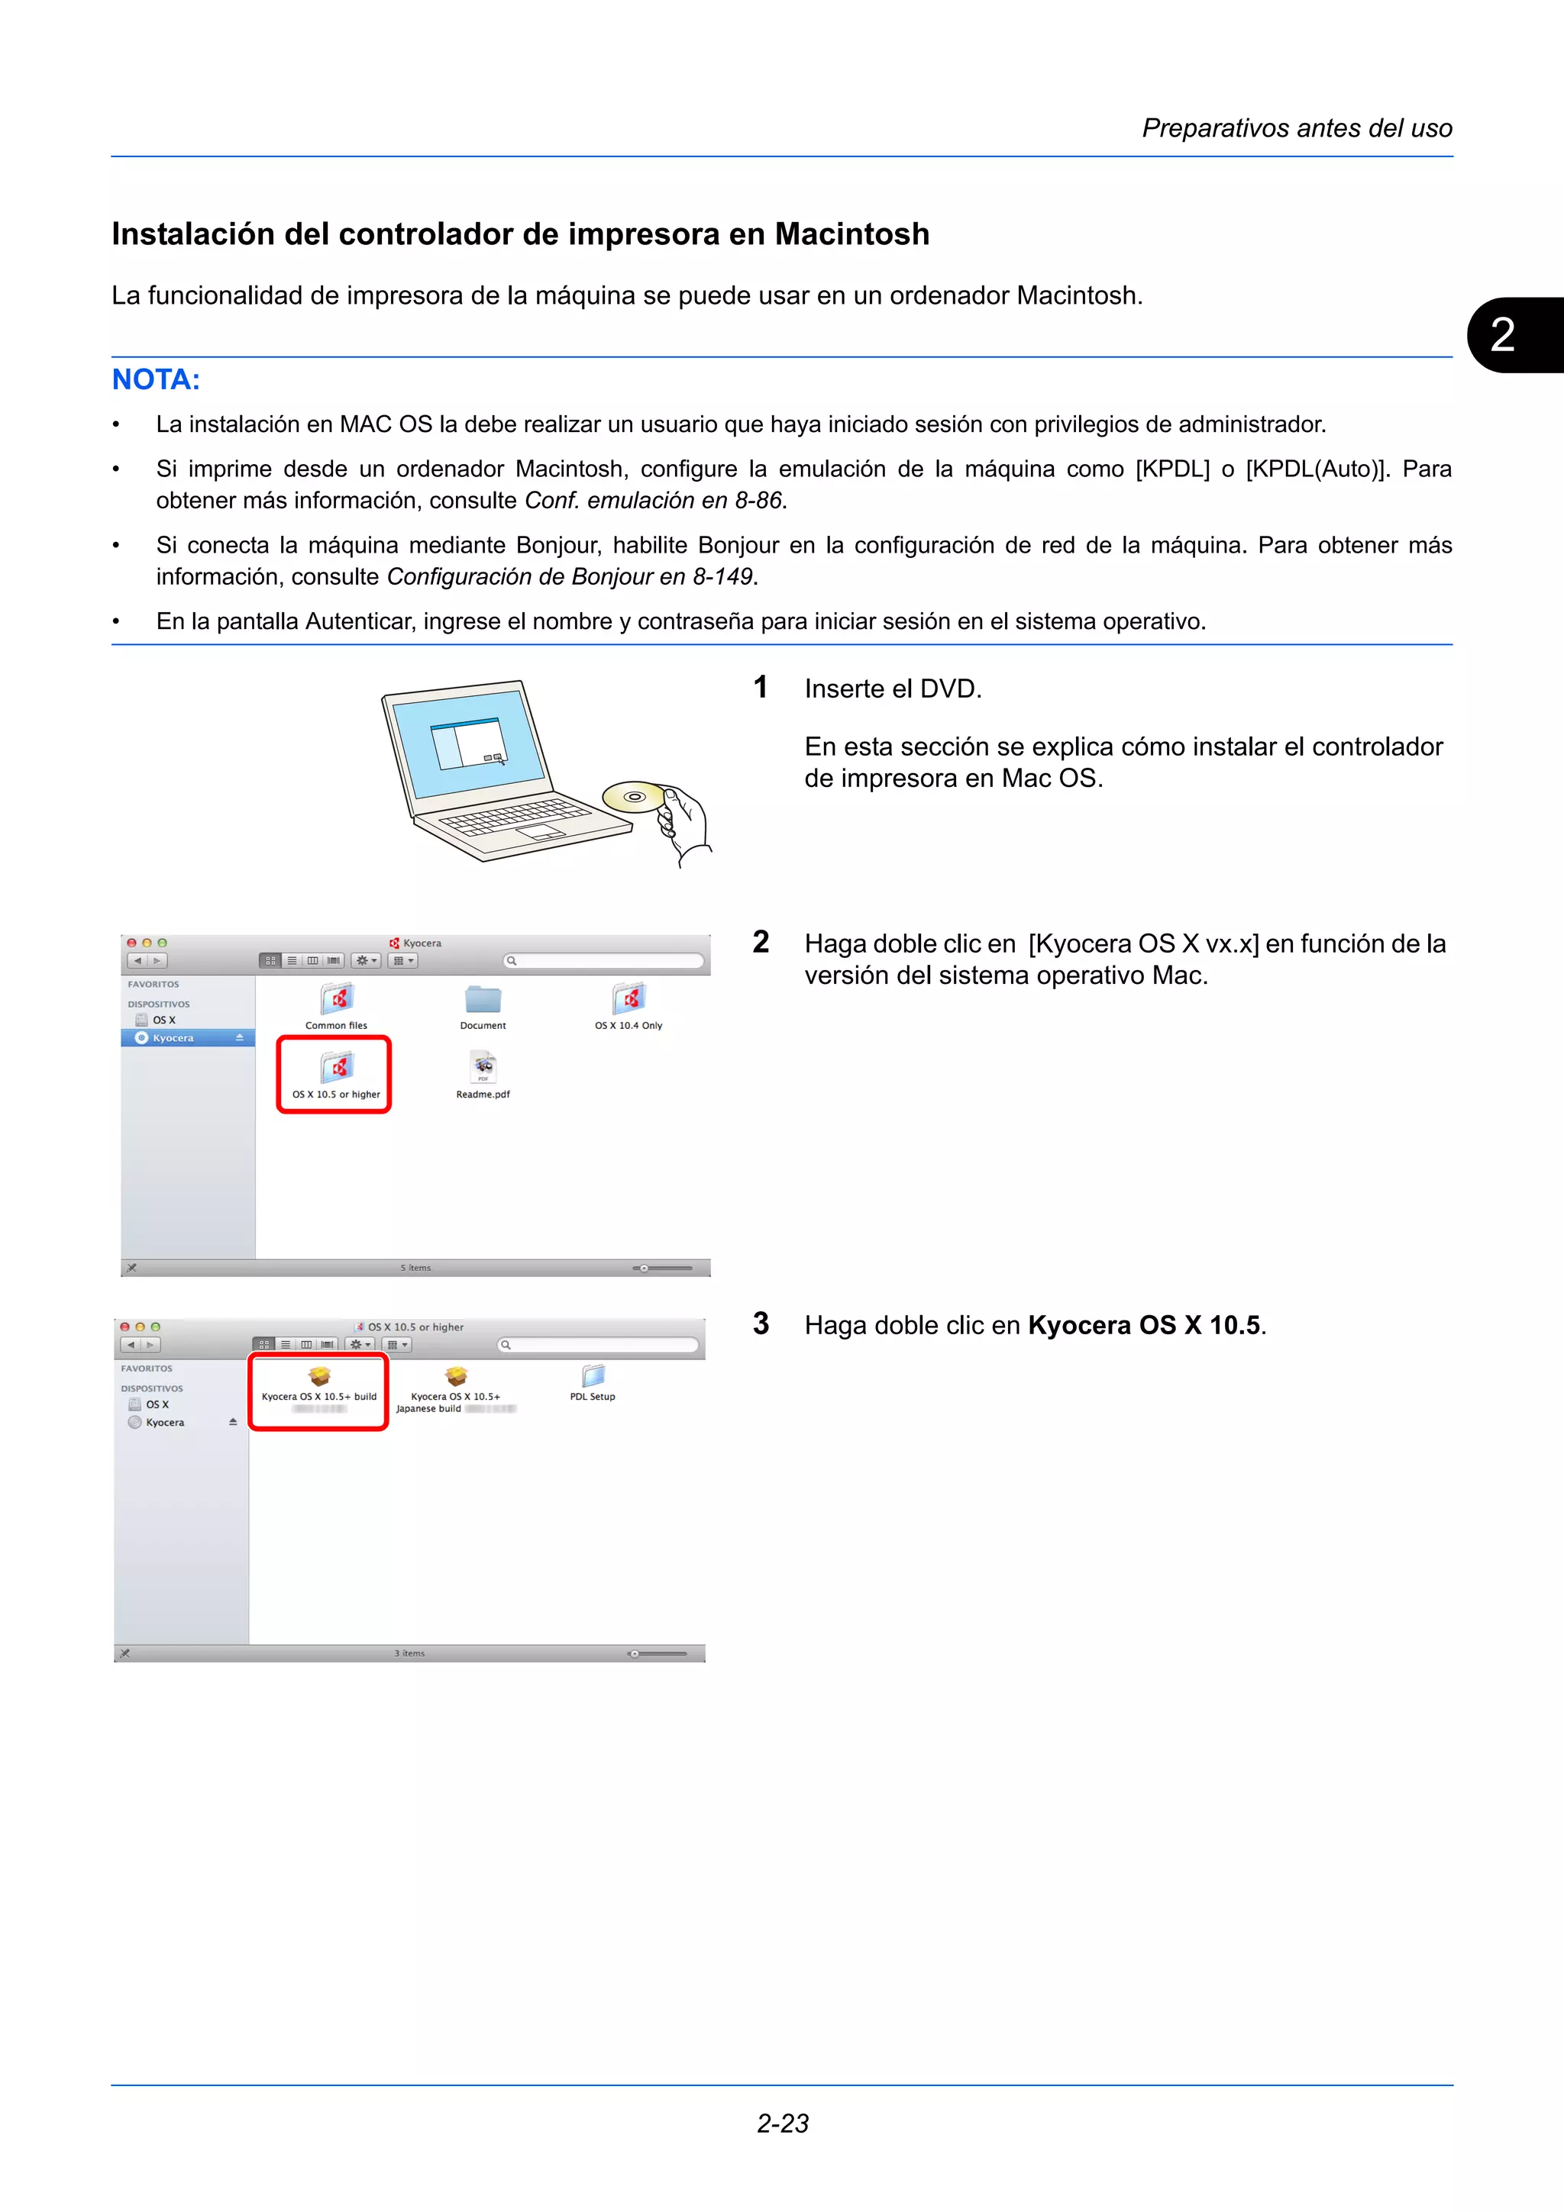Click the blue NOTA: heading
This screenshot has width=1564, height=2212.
(x=156, y=379)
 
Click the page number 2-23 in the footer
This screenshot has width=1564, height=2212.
(x=783, y=2123)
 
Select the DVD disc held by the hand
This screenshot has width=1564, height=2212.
(x=633, y=797)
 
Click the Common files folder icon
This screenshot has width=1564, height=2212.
(x=336, y=1000)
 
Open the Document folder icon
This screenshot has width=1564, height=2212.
(x=483, y=1000)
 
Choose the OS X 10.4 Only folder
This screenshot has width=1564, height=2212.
(x=629, y=1000)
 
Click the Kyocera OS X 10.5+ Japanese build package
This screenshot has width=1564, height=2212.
(x=456, y=1378)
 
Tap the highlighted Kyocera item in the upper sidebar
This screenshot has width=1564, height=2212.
(x=173, y=1037)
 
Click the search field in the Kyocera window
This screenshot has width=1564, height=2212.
(x=604, y=960)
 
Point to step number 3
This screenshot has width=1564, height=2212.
(x=761, y=1324)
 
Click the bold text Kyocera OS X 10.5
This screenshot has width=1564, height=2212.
(x=1144, y=1326)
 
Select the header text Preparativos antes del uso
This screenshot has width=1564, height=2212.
(x=1296, y=128)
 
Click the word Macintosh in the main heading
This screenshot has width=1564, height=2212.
(x=851, y=234)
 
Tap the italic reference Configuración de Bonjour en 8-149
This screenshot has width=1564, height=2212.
(x=570, y=577)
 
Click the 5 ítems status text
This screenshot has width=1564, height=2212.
(x=415, y=1268)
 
